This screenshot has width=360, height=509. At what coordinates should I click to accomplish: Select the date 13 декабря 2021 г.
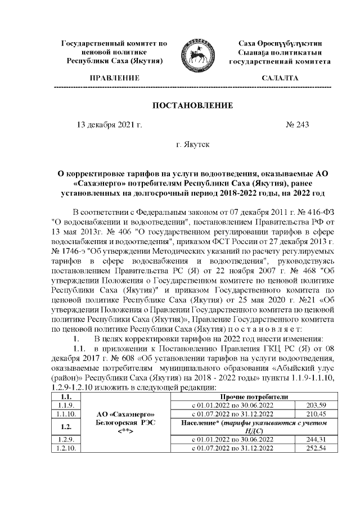pyautogui.click(x=109, y=125)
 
